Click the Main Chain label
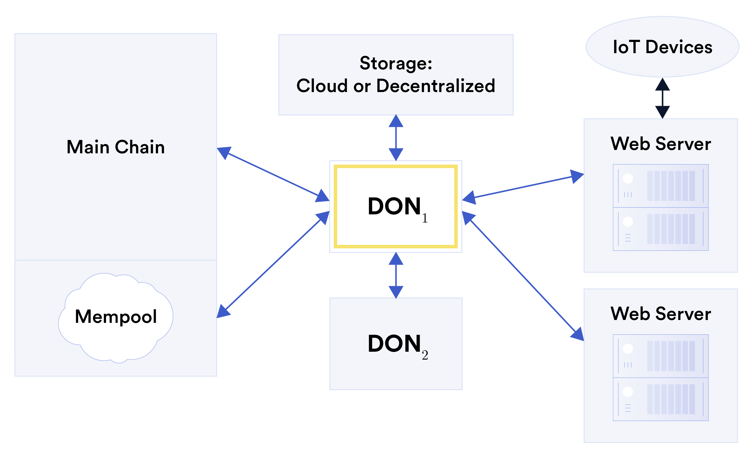116,147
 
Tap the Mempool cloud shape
116,317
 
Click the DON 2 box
396,344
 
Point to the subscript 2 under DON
425,356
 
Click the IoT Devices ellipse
662,47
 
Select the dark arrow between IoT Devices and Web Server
662,98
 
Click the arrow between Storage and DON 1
396,138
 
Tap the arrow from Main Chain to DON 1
273,174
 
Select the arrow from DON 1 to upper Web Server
523,186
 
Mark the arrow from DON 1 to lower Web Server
523,276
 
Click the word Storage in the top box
395,63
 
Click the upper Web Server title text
661,144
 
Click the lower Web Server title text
661,314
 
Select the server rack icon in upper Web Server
661,208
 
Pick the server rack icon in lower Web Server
661,377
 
